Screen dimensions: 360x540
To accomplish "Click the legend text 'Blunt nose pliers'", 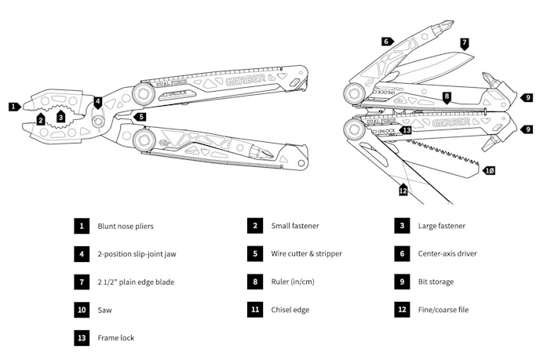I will (x=126, y=226).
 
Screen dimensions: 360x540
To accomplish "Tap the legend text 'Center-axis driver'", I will (x=447, y=254).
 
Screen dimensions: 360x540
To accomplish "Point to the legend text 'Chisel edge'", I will (x=290, y=310).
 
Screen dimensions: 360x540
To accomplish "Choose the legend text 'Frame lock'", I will (x=115, y=338).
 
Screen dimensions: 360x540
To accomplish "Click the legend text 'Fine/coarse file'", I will (x=443, y=310).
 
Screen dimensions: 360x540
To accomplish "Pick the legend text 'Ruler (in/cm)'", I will (x=293, y=282).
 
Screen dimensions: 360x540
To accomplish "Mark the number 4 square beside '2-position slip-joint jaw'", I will (x=82, y=254).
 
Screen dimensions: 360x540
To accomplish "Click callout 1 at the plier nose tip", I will (x=13, y=106).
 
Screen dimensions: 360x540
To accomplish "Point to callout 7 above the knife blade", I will (x=464, y=43).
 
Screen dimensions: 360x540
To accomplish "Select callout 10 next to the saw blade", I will (x=489, y=170).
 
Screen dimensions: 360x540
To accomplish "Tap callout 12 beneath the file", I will (x=403, y=189).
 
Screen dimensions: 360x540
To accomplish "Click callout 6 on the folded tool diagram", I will (x=386, y=41).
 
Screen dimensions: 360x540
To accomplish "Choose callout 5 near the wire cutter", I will (x=140, y=117).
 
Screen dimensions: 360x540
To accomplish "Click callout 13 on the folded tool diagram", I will (x=406, y=129).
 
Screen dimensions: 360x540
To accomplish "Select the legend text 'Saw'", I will (x=104, y=310).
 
